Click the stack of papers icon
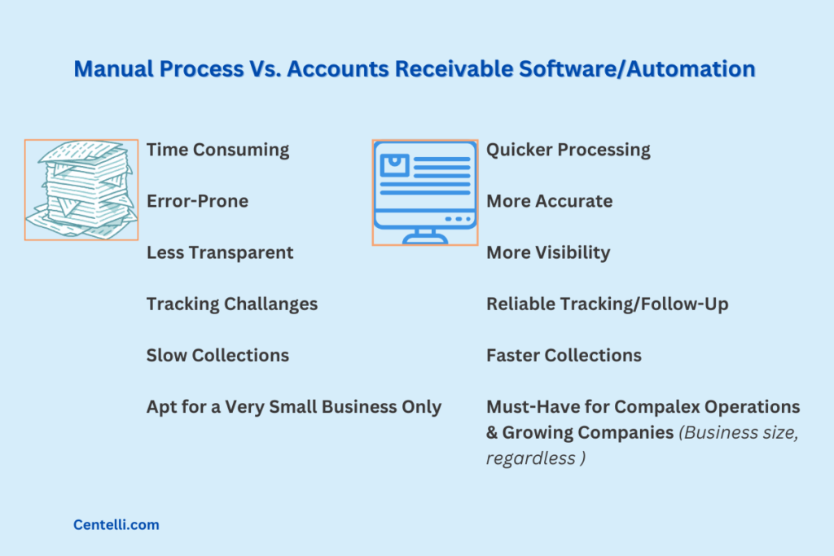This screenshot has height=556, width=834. coord(81,189)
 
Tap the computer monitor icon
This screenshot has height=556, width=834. coord(425,187)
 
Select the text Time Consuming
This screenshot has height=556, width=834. coord(217,150)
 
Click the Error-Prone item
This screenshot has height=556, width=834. coord(197,201)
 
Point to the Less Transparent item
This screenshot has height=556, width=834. coord(220,252)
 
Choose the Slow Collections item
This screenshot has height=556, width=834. coord(217,355)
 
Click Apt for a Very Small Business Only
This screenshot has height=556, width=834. coord(294,406)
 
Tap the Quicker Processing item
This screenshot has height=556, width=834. coord(568,150)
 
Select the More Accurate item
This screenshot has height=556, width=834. coord(549,201)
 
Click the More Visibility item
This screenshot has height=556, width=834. coord(548,252)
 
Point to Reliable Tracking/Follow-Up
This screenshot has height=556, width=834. coord(607,304)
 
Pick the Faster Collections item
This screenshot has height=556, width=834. coord(564,355)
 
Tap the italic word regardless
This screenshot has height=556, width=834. coord(530,458)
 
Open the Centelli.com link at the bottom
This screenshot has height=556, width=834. coord(116,525)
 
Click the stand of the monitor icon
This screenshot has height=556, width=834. coord(425,236)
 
